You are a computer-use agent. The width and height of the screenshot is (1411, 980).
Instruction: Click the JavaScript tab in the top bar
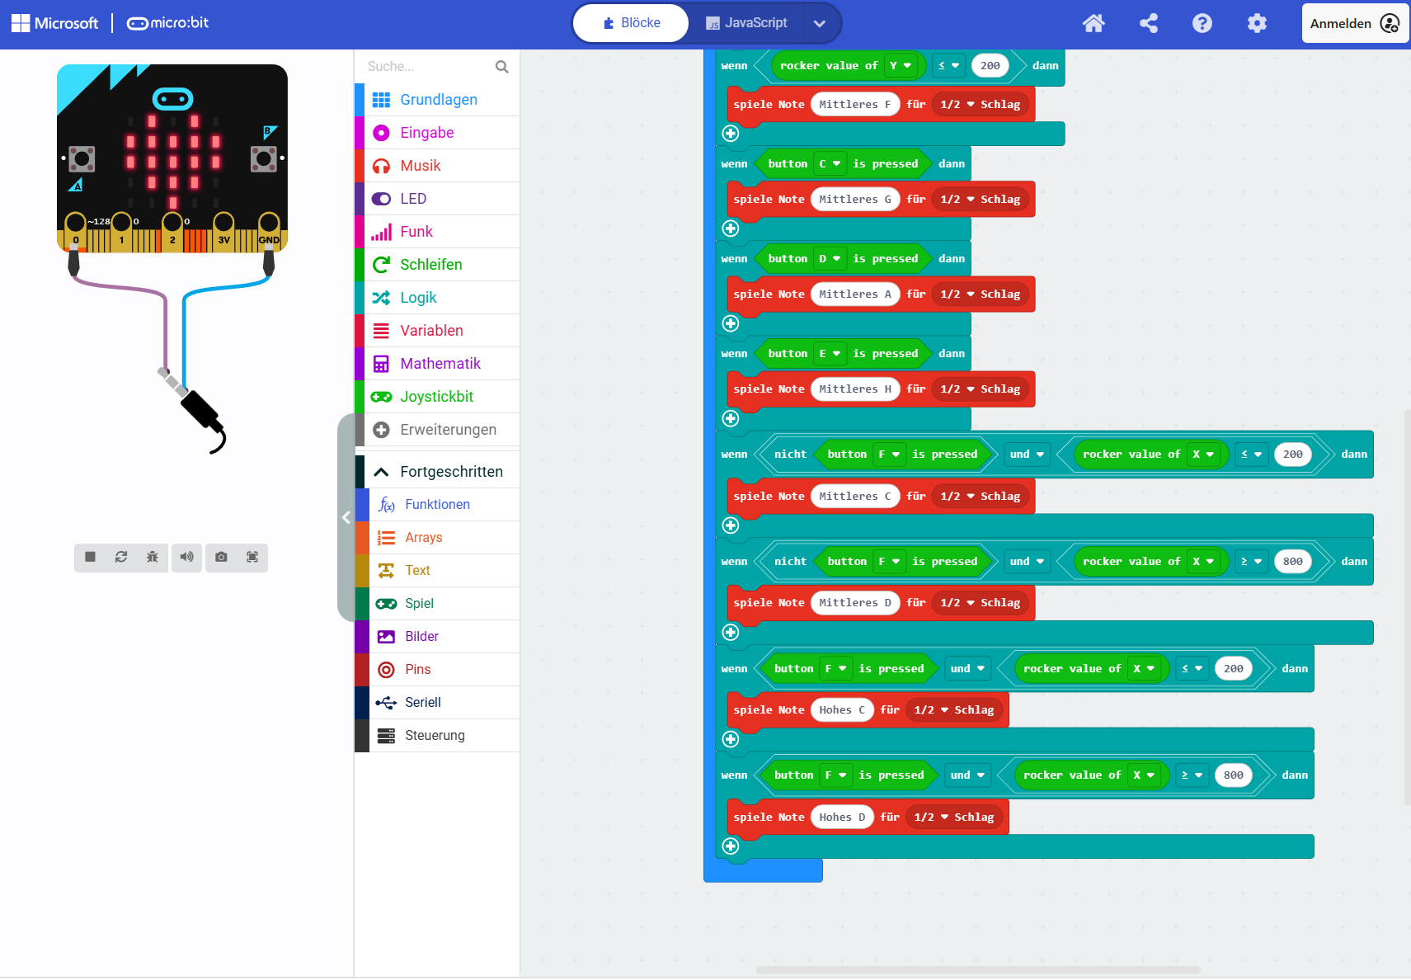coord(746,23)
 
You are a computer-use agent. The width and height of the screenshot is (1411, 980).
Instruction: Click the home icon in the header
coord(1094,23)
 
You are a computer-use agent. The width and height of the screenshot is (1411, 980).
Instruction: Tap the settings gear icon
coord(1257,23)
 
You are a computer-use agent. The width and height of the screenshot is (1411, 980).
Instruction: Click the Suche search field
coord(428,66)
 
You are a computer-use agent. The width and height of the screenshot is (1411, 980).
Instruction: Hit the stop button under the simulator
coord(90,557)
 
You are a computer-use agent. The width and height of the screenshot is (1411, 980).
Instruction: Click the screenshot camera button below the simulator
coord(221,557)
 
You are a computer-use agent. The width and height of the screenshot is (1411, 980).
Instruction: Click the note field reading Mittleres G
coord(855,199)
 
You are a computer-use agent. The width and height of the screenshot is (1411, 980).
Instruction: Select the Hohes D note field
coord(841,817)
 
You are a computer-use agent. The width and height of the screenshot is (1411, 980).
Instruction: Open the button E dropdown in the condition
coord(830,354)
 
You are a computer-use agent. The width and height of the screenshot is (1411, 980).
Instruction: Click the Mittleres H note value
coord(855,389)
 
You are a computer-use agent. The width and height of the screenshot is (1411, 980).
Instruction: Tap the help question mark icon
coord(1202,23)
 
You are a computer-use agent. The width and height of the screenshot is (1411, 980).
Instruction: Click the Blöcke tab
coord(631,23)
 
